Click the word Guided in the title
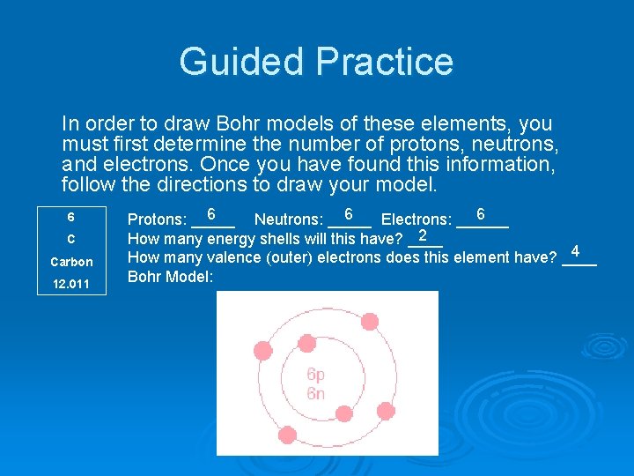241,62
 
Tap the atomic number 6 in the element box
70,217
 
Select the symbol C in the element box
70,239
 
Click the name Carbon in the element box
71,262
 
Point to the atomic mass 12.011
70,284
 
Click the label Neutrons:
288,219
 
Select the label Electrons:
417,219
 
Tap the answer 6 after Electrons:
481,214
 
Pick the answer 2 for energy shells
424,235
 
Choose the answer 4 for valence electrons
575,251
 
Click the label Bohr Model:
171,277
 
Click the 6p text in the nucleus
315,375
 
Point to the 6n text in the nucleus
315,393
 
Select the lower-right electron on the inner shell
344,413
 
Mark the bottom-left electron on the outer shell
287,434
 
